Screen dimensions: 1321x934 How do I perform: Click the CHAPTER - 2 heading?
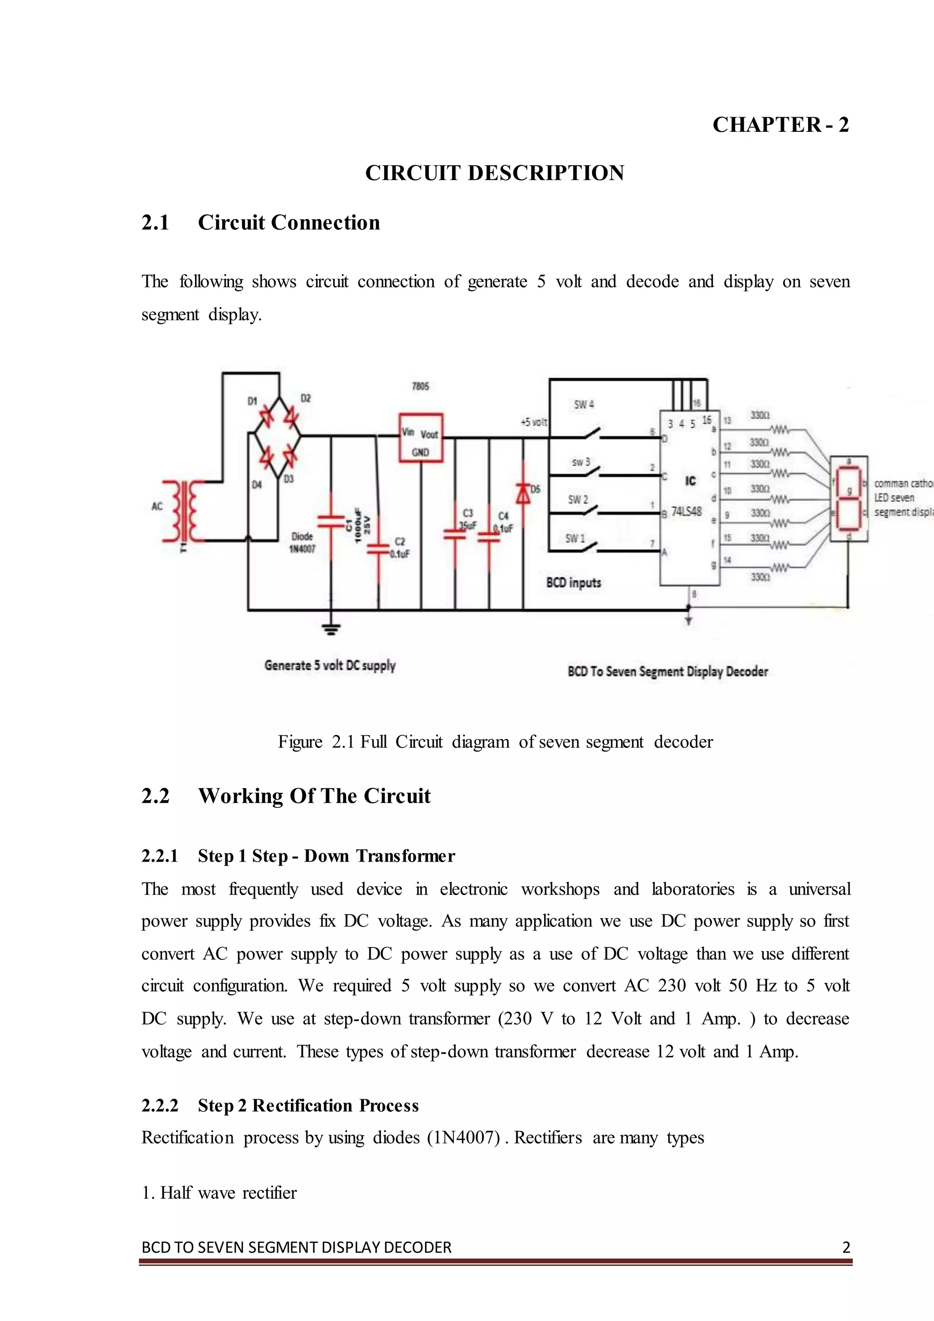point(780,125)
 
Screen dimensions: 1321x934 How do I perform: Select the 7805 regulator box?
point(421,437)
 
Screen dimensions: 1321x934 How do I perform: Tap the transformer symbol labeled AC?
point(183,511)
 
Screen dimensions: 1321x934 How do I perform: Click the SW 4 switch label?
point(584,405)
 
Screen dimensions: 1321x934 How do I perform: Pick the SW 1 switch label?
point(575,539)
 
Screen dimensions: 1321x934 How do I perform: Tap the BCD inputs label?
point(573,583)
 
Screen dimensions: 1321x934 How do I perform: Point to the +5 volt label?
point(534,422)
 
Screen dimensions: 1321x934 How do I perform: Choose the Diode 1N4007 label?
point(302,542)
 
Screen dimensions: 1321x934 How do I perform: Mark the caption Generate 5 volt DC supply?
point(330,665)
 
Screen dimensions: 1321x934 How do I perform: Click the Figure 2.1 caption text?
point(495,742)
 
